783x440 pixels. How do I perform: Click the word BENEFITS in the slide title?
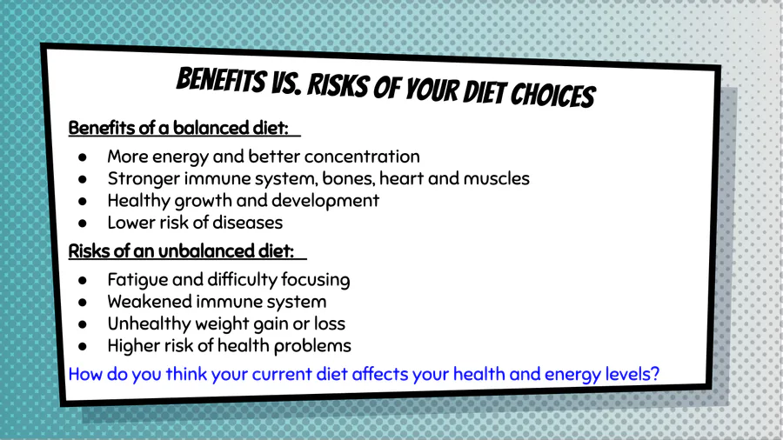(x=221, y=80)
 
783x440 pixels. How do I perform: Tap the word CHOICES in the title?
(x=552, y=94)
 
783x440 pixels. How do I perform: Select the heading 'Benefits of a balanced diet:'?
(x=178, y=128)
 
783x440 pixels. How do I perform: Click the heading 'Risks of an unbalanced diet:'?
(x=181, y=251)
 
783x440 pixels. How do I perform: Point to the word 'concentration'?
(x=362, y=157)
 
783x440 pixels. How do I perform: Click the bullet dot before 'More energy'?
(x=83, y=157)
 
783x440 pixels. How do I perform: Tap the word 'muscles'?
(x=497, y=178)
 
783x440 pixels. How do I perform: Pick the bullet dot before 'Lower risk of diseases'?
(x=83, y=223)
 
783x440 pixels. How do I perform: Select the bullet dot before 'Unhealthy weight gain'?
(x=83, y=324)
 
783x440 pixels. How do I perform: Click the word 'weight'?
(x=222, y=324)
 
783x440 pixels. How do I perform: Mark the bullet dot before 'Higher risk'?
(x=83, y=347)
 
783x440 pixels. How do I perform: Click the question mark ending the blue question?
(x=654, y=374)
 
